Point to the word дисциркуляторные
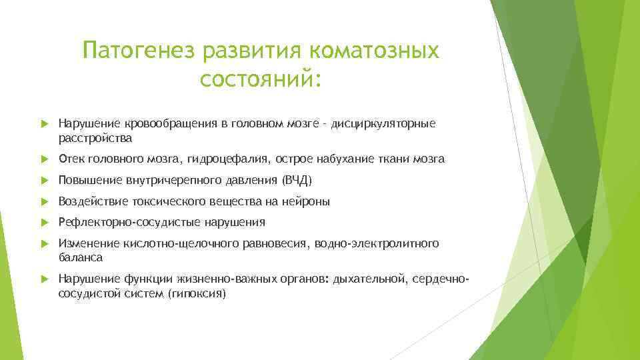pos(378,124)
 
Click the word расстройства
pos(95,139)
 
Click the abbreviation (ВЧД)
pos(297,181)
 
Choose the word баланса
pos(81,257)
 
